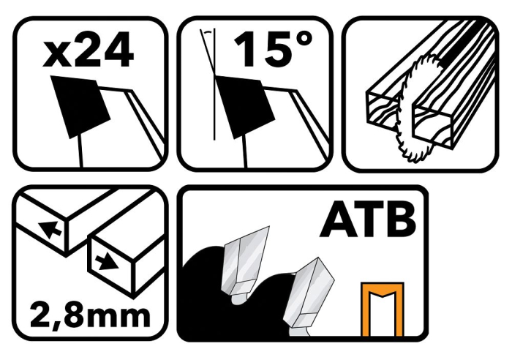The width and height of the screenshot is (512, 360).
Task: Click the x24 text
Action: pyautogui.click(x=88, y=49)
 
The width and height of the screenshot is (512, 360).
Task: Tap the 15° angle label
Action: pyautogui.click(x=272, y=49)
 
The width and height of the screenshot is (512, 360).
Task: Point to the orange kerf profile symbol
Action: pyautogui.click(x=383, y=309)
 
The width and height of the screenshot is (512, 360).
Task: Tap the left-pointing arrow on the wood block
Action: pyautogui.click(x=50, y=229)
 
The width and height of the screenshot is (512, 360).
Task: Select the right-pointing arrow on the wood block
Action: pyautogui.click(x=107, y=262)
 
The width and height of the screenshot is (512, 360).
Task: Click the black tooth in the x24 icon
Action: pyautogui.click(x=80, y=107)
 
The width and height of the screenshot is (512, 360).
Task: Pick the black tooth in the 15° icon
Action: pyautogui.click(x=244, y=107)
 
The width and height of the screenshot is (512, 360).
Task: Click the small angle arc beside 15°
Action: pyautogui.click(x=207, y=32)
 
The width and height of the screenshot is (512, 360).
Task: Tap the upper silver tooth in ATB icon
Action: pyautogui.click(x=245, y=261)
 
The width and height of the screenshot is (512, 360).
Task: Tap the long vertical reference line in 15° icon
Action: pyautogui.click(x=214, y=84)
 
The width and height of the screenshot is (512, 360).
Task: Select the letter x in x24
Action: pyautogui.click(x=56, y=56)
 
